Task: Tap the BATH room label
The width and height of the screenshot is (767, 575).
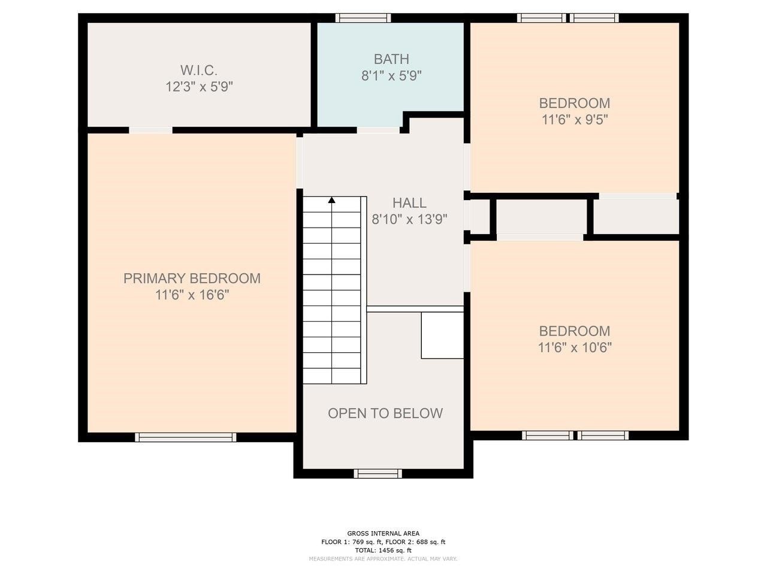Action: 391,59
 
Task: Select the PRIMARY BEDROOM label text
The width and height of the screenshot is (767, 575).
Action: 192,279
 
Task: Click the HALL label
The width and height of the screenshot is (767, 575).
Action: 409,203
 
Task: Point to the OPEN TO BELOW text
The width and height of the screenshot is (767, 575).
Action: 385,413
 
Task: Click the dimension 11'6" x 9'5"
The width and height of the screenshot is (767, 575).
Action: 575,120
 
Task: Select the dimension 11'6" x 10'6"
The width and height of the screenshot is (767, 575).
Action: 575,347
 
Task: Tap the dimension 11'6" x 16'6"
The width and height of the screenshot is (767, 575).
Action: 192,295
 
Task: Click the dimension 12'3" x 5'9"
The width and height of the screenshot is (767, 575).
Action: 199,87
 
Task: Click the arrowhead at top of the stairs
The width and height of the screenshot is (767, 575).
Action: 331,200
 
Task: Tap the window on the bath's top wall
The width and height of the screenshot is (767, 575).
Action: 363,17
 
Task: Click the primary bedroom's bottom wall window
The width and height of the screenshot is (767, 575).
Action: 186,437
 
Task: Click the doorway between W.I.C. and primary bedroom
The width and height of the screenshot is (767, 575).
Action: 150,130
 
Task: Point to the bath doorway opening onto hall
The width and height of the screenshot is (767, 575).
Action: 379,129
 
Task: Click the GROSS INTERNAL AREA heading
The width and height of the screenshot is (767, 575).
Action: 383,533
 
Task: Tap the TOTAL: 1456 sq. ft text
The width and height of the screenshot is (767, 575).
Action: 383,550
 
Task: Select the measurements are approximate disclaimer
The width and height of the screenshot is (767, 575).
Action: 383,559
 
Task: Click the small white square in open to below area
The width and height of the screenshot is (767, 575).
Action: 442,335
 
